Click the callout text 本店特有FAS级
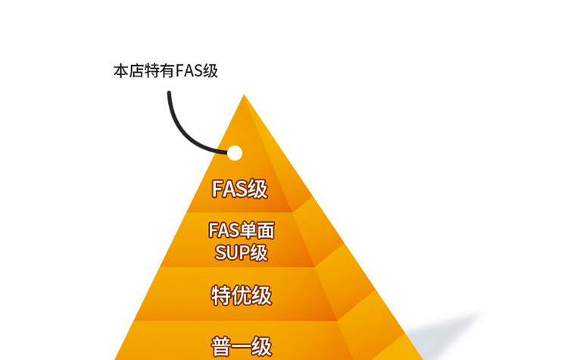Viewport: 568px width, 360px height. coord(165,71)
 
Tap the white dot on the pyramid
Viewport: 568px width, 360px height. coord(235,153)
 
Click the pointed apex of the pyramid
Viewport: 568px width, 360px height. coord(244,96)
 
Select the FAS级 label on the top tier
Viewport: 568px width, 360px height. coord(239,189)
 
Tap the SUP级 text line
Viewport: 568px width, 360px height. coord(241,252)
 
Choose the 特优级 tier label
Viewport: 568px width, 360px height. coord(241,295)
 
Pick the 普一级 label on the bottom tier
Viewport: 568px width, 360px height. coord(241,347)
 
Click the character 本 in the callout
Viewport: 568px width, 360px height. coord(120,71)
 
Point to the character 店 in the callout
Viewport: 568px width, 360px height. coord(135,71)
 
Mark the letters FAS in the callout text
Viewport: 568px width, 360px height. coord(189,71)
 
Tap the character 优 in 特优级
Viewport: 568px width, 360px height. coord(241,295)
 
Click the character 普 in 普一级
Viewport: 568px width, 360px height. coord(220,347)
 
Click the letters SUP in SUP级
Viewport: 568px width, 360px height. coord(232,252)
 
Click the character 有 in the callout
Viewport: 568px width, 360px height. coord(165,71)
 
